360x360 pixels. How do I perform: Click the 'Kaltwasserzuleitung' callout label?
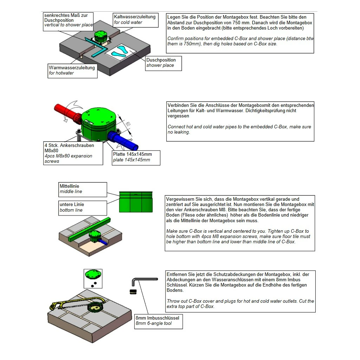pyautogui.click(x=135, y=20)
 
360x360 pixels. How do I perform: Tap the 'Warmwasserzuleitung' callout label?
pyautogui.click(x=72, y=70)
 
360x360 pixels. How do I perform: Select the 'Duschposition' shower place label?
pyautogui.click(x=163, y=63)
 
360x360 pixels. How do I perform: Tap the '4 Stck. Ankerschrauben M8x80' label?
pyautogui.click(x=73, y=153)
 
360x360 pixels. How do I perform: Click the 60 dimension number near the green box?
pyautogui.click(x=128, y=124)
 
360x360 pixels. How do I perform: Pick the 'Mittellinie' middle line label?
pyautogui.click(x=83, y=189)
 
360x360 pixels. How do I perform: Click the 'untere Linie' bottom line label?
pyautogui.click(x=83, y=207)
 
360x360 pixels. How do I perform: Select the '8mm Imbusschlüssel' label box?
pyautogui.click(x=158, y=321)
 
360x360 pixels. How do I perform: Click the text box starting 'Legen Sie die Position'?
pyautogui.click(x=240, y=33)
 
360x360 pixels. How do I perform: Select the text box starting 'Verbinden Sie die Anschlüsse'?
pyautogui.click(x=240, y=121)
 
